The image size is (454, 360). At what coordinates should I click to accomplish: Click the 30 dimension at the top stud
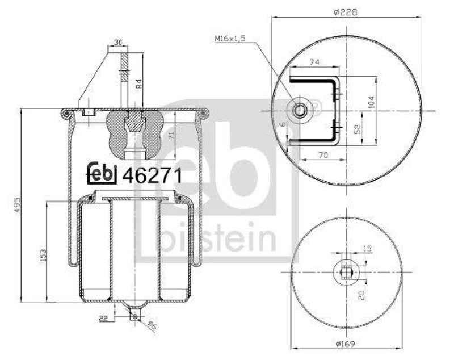tap(118, 43)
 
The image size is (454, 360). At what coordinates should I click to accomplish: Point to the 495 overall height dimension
tap(16, 203)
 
